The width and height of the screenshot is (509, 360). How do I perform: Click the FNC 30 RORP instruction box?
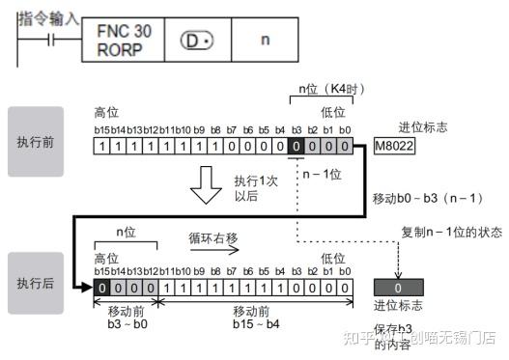(125, 40)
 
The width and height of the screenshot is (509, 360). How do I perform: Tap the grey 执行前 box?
(36, 140)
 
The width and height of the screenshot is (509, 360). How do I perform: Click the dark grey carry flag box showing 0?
(399, 288)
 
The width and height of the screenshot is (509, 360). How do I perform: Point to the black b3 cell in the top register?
(295, 146)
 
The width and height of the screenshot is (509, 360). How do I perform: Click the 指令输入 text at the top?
(46, 16)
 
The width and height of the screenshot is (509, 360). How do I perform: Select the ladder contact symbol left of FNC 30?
(48, 40)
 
